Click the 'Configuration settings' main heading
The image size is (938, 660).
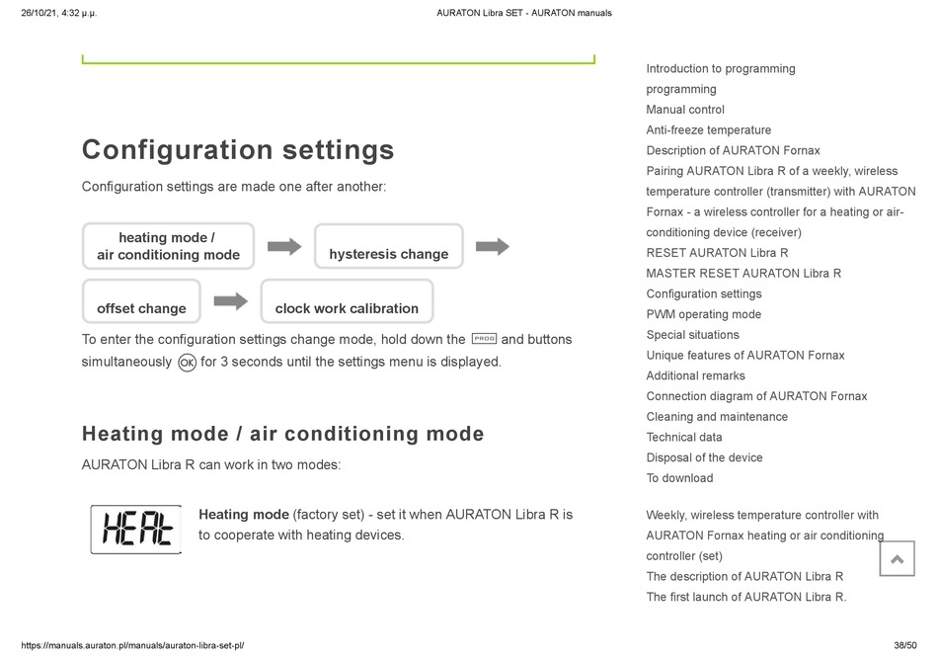coord(238,150)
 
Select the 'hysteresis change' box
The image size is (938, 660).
coord(389,247)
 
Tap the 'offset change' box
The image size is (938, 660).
coord(141,301)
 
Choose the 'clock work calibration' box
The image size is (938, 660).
coord(347,301)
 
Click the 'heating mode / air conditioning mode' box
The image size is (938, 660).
coord(168,247)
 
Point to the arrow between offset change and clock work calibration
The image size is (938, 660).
coord(231,300)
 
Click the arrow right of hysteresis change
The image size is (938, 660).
coord(493,246)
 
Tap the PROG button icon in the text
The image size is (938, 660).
coord(484,339)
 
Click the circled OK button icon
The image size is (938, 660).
coord(188,363)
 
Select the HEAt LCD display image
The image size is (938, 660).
coord(136,529)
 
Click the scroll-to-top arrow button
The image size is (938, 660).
coord(897,559)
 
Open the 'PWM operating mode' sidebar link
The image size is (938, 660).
coord(703,314)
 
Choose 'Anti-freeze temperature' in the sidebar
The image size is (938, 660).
coord(708,129)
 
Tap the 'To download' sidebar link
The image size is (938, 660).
coord(679,478)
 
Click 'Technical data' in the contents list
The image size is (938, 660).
coord(684,437)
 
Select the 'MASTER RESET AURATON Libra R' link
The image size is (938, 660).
coord(743,274)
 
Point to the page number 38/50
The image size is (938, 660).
coord(905,645)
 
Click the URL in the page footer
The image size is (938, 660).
coord(132,645)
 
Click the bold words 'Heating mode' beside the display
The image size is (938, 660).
coord(244,515)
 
